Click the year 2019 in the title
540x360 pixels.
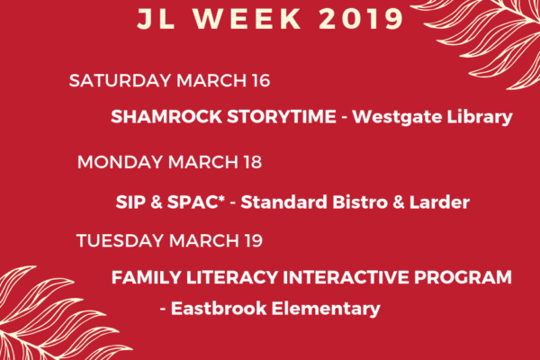coord(361,19)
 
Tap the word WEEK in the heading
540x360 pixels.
coord(247,19)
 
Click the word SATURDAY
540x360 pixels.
coord(121,81)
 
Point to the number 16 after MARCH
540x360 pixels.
coord(261,81)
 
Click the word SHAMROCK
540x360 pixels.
coord(166,116)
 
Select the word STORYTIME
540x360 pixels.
coord(282,116)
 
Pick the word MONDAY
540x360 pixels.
coord(121,162)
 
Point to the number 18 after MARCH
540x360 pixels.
coord(252,162)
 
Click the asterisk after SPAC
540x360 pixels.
coord(221,198)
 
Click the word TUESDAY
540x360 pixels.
coord(121,240)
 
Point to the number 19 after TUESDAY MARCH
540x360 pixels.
coord(254,240)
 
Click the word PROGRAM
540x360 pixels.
coord(463,277)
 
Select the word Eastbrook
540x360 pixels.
coord(219,308)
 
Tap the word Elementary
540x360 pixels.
coord(326,309)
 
